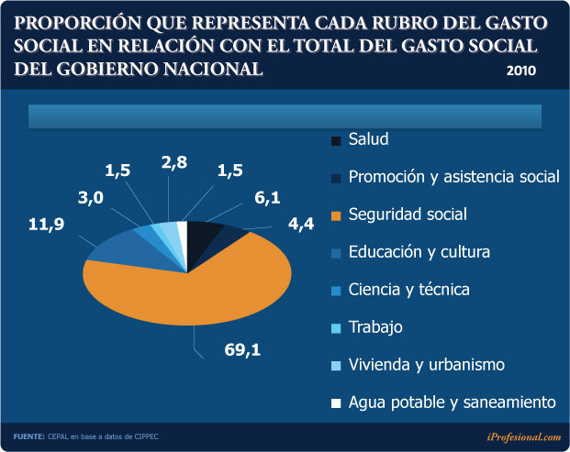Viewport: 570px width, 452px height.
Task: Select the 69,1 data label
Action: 242,348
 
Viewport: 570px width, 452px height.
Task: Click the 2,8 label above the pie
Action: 174,162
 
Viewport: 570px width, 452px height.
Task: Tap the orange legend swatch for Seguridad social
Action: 336,215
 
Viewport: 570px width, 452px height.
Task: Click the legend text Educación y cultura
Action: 419,252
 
